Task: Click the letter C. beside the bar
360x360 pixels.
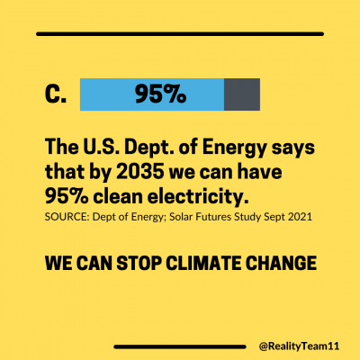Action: coord(55,94)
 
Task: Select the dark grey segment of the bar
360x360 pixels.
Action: coord(241,94)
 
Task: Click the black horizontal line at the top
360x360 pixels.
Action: coord(179,34)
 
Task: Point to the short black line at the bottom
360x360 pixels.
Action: coord(180,346)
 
